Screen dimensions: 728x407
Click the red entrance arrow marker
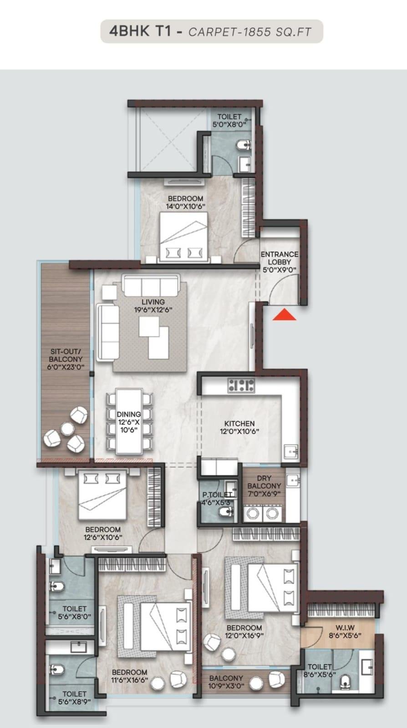(x=284, y=315)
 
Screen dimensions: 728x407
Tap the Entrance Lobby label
(x=280, y=262)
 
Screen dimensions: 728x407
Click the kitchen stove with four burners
(x=241, y=385)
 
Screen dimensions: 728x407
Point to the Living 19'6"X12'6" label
(x=153, y=306)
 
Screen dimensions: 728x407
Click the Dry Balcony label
(x=264, y=485)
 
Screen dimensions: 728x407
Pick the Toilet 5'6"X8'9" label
(x=74, y=698)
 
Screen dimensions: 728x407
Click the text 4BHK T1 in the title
(x=141, y=31)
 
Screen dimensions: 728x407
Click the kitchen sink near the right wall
(x=290, y=452)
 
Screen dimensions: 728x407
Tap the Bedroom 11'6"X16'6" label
(x=130, y=676)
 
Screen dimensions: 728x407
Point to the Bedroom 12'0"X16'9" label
(x=244, y=632)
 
